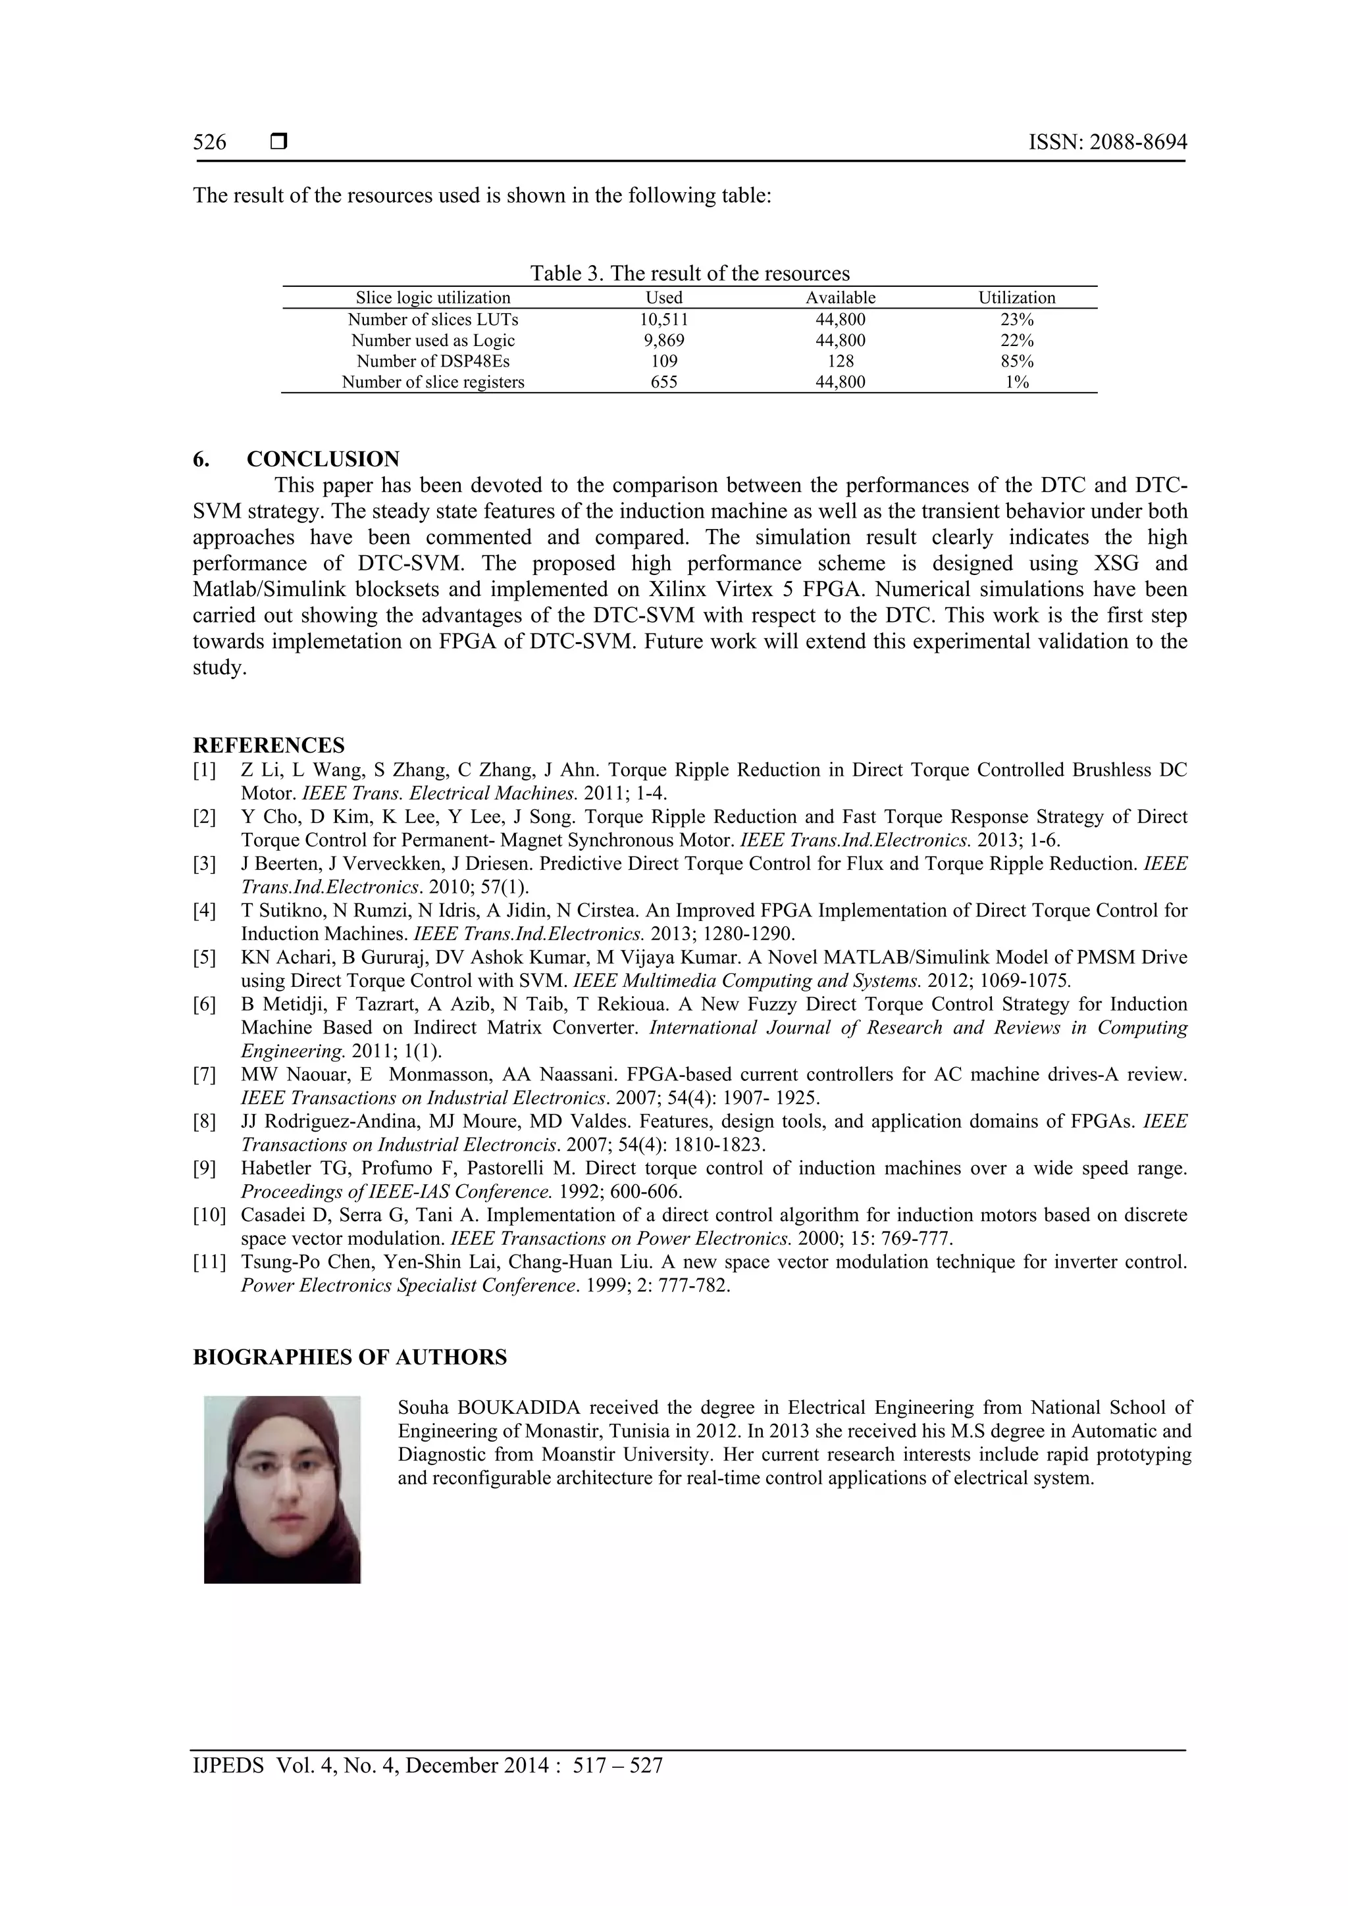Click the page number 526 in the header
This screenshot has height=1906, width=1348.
coord(209,143)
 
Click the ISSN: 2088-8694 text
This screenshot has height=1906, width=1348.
coord(1107,143)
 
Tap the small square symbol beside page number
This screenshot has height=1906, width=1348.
coord(279,143)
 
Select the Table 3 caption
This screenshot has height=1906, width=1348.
coord(689,273)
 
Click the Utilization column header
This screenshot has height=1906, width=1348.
coord(1017,298)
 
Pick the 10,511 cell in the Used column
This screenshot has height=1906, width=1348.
coord(663,320)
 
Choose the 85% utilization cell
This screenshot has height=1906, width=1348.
coord(1017,361)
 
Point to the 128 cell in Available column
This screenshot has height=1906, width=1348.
coord(841,361)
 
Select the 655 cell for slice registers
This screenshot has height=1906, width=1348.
coord(663,382)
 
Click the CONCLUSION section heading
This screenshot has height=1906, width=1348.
coord(323,459)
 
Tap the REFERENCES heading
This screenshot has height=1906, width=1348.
coord(269,745)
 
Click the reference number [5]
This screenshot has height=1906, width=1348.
coord(204,957)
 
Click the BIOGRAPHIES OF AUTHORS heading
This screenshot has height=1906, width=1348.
coord(350,1357)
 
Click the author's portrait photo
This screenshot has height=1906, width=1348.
coord(282,1490)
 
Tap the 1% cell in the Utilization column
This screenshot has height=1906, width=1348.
coord(1017,382)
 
